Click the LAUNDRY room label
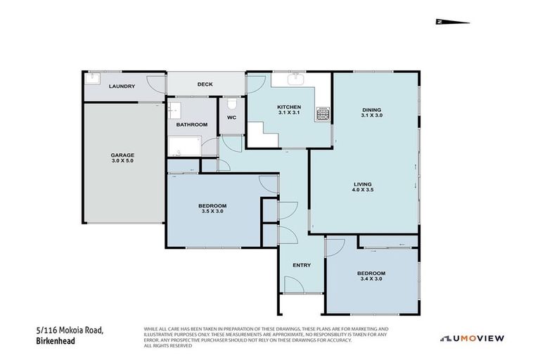[x=122, y=86]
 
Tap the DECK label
[x=205, y=84]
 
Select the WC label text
[x=231, y=118]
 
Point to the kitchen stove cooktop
[x=323, y=113]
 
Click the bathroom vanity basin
[x=174, y=110]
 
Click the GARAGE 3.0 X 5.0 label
[x=122, y=157]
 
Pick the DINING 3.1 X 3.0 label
[x=371, y=112]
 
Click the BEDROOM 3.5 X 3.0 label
[x=212, y=208]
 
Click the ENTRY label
[x=302, y=264]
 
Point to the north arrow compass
[x=452, y=22]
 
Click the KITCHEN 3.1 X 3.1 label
[x=289, y=110]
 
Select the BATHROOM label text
[x=192, y=124]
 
